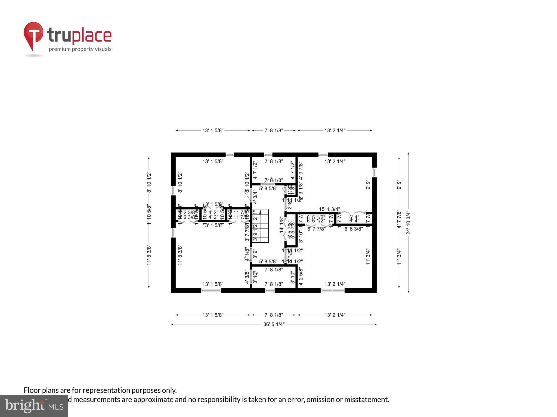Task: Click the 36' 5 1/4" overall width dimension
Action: [x=274, y=324]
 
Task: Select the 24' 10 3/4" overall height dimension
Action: [x=408, y=223]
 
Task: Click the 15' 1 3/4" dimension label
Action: [x=329, y=209]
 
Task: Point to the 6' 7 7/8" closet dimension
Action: [x=316, y=229]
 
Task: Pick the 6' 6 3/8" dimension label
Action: [x=354, y=229]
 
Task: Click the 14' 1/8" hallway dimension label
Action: [x=282, y=225]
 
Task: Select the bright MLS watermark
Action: [x=34, y=406]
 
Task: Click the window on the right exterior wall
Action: [x=374, y=172]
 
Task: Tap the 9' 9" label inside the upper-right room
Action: [x=368, y=184]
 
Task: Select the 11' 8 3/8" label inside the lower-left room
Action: [x=180, y=255]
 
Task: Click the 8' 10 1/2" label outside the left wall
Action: [x=149, y=182]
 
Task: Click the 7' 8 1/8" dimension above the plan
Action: [x=274, y=130]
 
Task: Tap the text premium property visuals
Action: [x=80, y=49]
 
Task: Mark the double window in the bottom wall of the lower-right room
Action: [x=332, y=290]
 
